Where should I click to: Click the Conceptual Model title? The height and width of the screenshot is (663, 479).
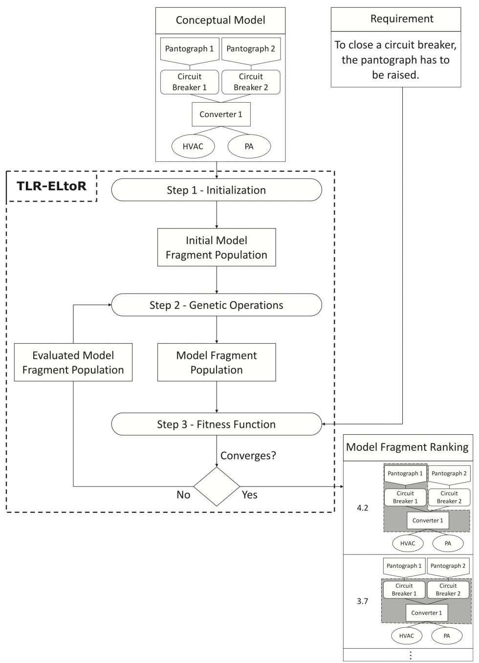tap(220, 20)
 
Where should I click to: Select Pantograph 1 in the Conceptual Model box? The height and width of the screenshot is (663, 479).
tap(189, 49)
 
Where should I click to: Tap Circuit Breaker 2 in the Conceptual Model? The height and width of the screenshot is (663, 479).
tap(251, 82)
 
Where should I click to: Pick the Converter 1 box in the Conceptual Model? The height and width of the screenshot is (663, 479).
tap(221, 114)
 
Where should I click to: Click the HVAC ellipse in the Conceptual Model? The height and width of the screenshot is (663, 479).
tap(193, 146)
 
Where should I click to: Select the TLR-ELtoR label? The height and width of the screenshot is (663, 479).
tap(52, 186)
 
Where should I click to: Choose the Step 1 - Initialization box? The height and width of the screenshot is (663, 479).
tap(217, 190)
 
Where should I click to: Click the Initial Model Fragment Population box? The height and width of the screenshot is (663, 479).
tap(217, 247)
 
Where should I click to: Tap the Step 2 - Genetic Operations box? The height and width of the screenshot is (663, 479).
tap(217, 305)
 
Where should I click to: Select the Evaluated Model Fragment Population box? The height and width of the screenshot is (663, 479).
tap(73, 362)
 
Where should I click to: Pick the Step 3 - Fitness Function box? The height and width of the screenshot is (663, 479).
tap(217, 424)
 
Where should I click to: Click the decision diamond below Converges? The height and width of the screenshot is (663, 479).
tap(217, 486)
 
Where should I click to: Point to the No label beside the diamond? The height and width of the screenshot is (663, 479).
tap(183, 495)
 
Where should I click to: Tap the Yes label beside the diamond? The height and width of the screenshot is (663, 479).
tap(249, 495)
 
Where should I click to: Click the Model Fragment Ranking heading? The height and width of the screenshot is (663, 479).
tap(407, 447)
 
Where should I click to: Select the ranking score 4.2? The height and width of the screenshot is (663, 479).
tap(362, 508)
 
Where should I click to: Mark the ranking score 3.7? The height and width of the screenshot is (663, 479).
tap(362, 601)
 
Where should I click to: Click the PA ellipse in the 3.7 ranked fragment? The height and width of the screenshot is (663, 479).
tap(447, 636)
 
